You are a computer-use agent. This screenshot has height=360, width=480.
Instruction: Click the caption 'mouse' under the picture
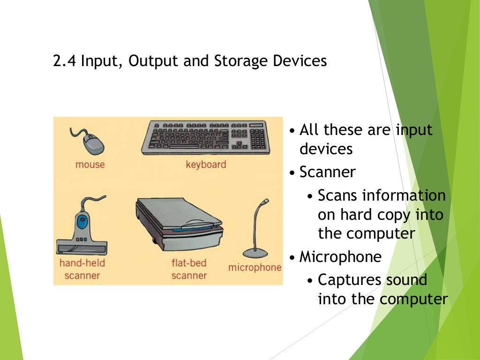point(90,165)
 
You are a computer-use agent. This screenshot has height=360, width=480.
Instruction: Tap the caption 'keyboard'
point(206,165)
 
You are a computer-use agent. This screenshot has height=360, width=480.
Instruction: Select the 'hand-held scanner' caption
point(82,269)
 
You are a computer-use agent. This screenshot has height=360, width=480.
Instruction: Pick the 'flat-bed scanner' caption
point(188,269)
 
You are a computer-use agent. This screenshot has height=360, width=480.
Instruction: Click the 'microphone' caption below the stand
point(255,268)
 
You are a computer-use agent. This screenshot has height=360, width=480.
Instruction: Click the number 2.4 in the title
point(65,62)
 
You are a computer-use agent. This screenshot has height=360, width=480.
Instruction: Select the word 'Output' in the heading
point(151,62)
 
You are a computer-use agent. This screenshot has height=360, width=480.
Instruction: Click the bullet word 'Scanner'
point(327,172)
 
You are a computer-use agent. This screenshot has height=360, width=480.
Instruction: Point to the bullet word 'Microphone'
point(340,256)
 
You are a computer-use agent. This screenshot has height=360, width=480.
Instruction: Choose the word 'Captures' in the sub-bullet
point(349,280)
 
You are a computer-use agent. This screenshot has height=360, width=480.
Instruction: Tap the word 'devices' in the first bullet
point(326,149)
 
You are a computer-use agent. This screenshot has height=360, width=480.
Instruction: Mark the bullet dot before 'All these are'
point(292,130)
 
